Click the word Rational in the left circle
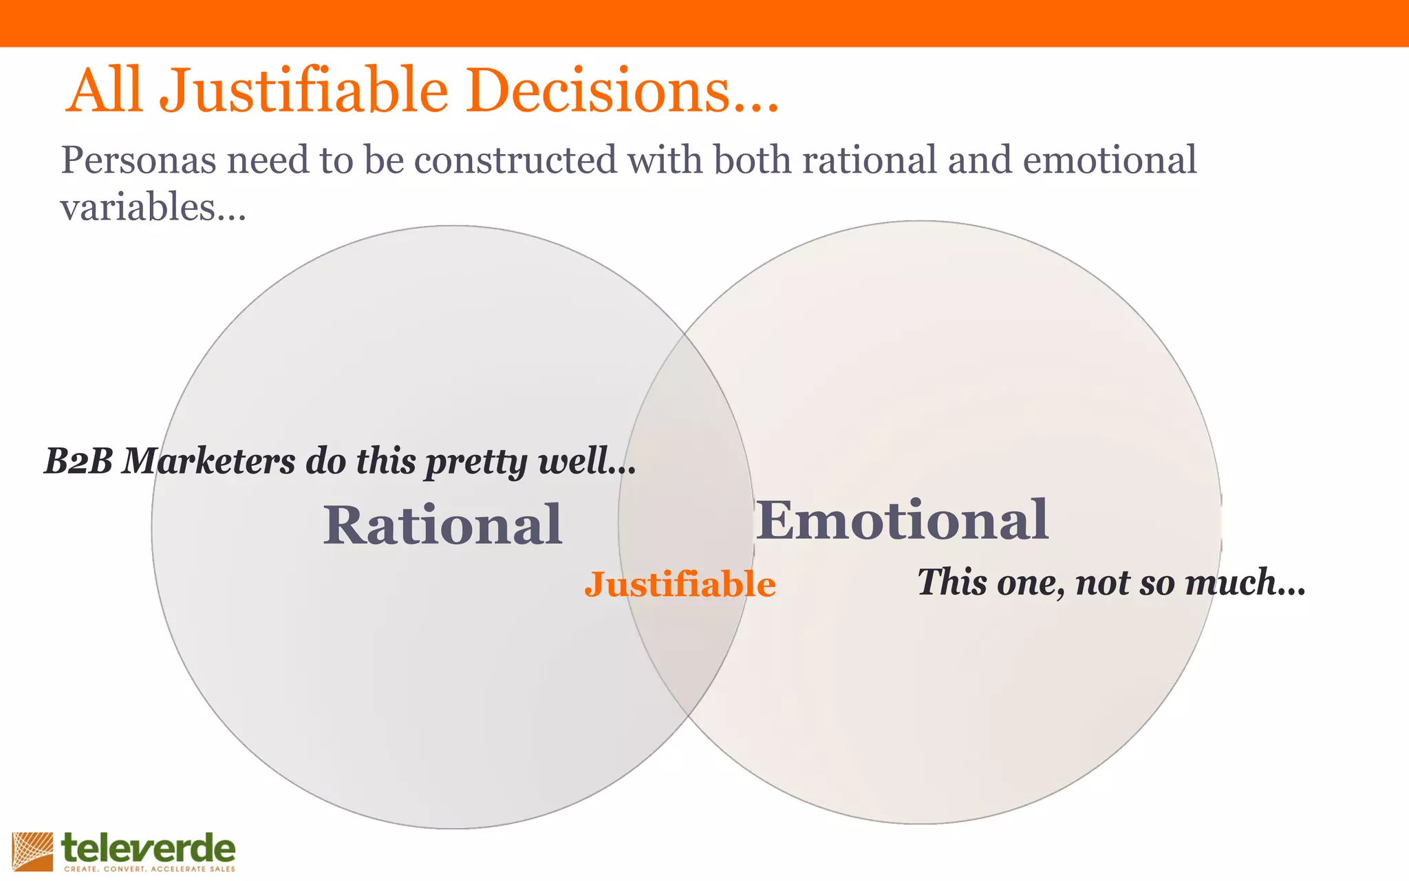coord(442,525)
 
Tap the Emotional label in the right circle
coord(902,520)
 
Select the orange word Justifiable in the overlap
coord(680,584)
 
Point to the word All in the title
coord(105,90)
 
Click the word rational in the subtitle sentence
coord(870,160)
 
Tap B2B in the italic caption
coord(78,461)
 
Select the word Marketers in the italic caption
coord(208,461)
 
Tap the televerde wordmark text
coord(148,849)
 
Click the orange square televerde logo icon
coord(32,851)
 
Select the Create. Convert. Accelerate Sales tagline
coord(149,869)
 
